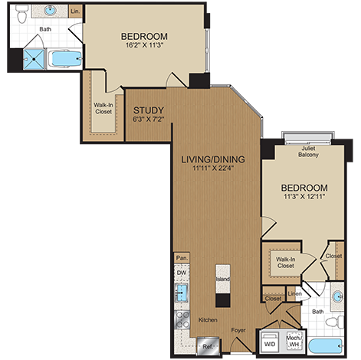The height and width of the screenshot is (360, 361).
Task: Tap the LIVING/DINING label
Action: (212, 159)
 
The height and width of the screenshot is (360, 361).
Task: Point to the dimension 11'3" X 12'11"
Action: (304, 198)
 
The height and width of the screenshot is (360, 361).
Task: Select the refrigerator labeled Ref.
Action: (205, 346)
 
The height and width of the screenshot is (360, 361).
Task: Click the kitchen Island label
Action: (222, 280)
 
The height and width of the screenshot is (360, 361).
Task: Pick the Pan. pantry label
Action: (182, 258)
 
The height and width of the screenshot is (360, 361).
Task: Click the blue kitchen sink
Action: (182, 293)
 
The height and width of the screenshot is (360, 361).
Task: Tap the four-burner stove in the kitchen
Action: (182, 319)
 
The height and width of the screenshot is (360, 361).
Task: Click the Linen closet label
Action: (294, 293)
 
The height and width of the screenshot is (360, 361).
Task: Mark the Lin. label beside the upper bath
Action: (74, 12)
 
